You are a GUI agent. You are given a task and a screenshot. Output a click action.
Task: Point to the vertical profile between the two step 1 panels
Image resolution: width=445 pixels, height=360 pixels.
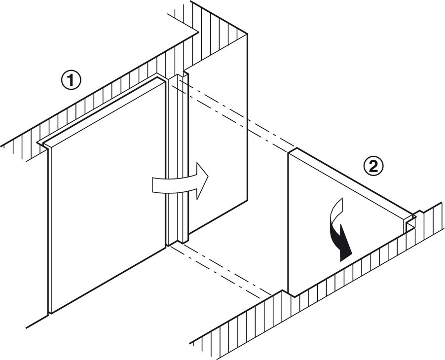pyautogui.click(x=176, y=158)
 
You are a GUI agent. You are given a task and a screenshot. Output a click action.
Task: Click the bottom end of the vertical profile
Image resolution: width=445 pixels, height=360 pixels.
pyautogui.click(x=177, y=243)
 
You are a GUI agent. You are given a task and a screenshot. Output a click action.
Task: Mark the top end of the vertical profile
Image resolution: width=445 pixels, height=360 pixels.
pyautogui.click(x=178, y=76)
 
